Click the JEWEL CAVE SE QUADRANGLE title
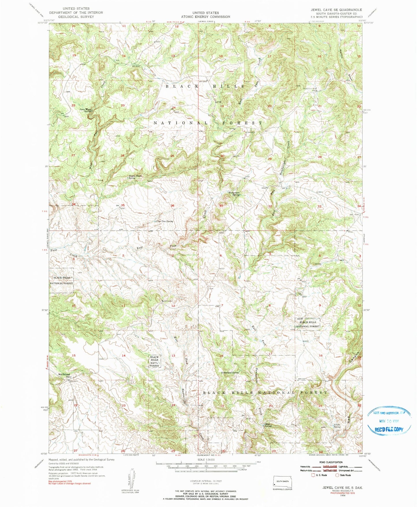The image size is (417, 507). (336, 10)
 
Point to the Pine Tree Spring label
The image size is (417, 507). (164, 221)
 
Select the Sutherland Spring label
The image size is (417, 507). (230, 373)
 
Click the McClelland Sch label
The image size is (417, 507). (64, 375)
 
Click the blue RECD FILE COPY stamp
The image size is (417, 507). (390, 422)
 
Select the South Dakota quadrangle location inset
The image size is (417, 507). (283, 482)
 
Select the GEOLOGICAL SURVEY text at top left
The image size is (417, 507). (76, 17)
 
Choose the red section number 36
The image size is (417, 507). (173, 206)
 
